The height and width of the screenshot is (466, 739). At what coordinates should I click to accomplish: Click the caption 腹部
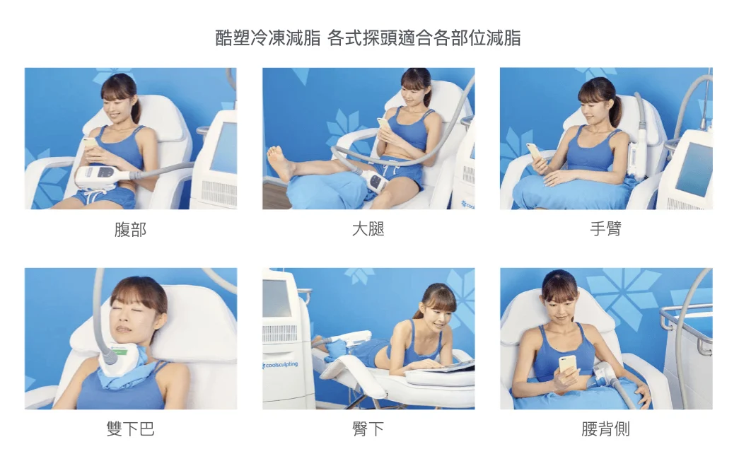(x=130, y=230)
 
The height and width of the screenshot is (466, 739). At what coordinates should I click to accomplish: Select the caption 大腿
(x=368, y=229)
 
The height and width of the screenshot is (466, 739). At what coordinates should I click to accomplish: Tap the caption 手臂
(x=605, y=229)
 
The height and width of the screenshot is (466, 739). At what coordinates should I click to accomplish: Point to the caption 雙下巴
(x=131, y=429)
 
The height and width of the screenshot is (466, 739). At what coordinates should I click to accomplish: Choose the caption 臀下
(x=368, y=429)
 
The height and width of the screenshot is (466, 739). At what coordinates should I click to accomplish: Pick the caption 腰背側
(x=605, y=429)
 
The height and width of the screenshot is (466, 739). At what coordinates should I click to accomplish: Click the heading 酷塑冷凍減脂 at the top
(x=268, y=37)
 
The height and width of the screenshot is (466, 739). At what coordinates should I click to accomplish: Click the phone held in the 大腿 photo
(x=383, y=125)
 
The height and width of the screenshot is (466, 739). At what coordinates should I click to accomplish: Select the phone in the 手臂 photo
(x=535, y=151)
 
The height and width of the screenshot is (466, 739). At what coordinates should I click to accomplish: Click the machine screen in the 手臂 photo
(x=694, y=168)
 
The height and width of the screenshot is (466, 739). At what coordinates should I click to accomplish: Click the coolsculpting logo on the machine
(x=281, y=365)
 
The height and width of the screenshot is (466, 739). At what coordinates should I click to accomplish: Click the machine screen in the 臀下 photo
(x=277, y=299)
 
